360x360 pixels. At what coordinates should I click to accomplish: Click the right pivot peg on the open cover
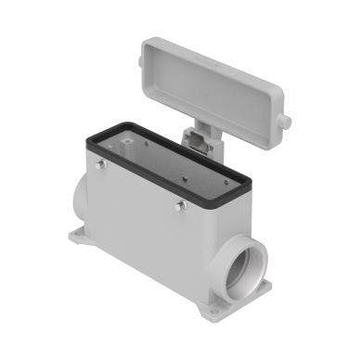[288, 122]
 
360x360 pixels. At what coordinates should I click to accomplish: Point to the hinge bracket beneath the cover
[199, 142]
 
